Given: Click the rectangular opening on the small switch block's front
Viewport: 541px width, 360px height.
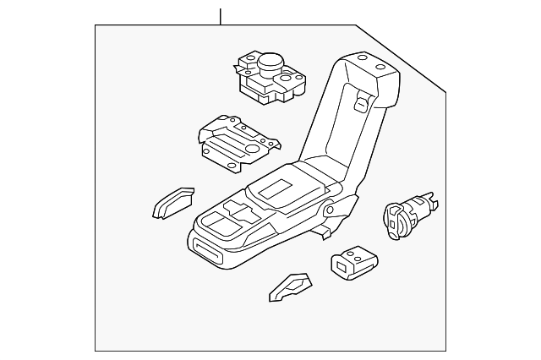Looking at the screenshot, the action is click(343, 268).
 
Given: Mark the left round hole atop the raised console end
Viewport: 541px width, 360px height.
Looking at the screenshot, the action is click(361, 58).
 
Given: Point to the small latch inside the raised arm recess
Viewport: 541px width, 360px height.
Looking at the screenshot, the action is click(358, 104).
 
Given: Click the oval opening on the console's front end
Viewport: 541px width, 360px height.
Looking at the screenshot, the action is click(206, 249).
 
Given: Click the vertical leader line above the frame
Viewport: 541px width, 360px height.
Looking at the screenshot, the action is click(220, 16).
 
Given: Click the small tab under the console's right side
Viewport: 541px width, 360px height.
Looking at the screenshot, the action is click(323, 229).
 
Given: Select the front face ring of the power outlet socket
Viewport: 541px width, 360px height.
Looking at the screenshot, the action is click(394, 221).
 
